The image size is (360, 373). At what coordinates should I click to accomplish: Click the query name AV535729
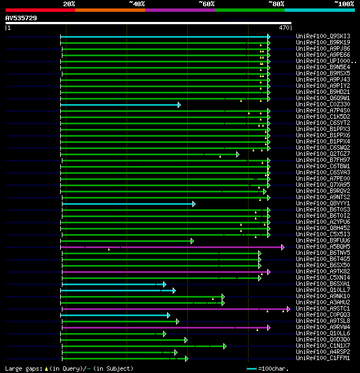pos(21,18)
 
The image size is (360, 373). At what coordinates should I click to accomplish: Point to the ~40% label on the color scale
pos(137,3)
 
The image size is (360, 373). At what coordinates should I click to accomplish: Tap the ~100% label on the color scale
pos(344,3)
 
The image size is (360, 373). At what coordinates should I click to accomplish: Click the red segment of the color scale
pos(40,10)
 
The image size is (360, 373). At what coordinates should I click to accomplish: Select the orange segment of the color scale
pos(110,10)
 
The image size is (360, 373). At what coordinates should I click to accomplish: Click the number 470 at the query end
pos(284,27)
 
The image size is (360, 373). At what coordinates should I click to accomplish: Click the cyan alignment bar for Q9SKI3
pos(163,37)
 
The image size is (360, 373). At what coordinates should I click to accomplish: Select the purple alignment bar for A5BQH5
pos(169,246)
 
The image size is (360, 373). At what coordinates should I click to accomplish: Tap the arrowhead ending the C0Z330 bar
pos(179,105)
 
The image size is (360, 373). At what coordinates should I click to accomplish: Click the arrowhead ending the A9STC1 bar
pos(288,309)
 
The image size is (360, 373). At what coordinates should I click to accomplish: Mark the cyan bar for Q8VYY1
pos(127,204)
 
